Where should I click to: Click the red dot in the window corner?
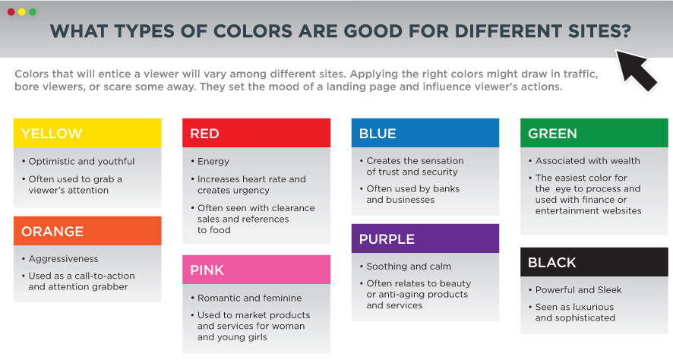tap(11, 12)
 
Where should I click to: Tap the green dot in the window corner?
tap(33, 12)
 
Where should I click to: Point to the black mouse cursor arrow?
tap(636, 71)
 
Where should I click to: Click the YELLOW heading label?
tap(52, 134)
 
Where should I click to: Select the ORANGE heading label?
tap(52, 232)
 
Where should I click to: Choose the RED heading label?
tap(205, 134)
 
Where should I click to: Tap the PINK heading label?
tap(207, 270)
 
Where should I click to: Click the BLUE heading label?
tap(378, 134)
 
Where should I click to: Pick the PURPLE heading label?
tap(387, 239)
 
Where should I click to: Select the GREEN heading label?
tap(552, 134)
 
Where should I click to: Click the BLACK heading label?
tap(552, 262)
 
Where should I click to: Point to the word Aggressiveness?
tap(64, 259)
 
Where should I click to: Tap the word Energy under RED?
tap(213, 162)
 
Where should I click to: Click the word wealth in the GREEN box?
tap(625, 161)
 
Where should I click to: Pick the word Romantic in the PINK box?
tap(216, 298)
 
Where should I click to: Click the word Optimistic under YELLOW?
tap(52, 162)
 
